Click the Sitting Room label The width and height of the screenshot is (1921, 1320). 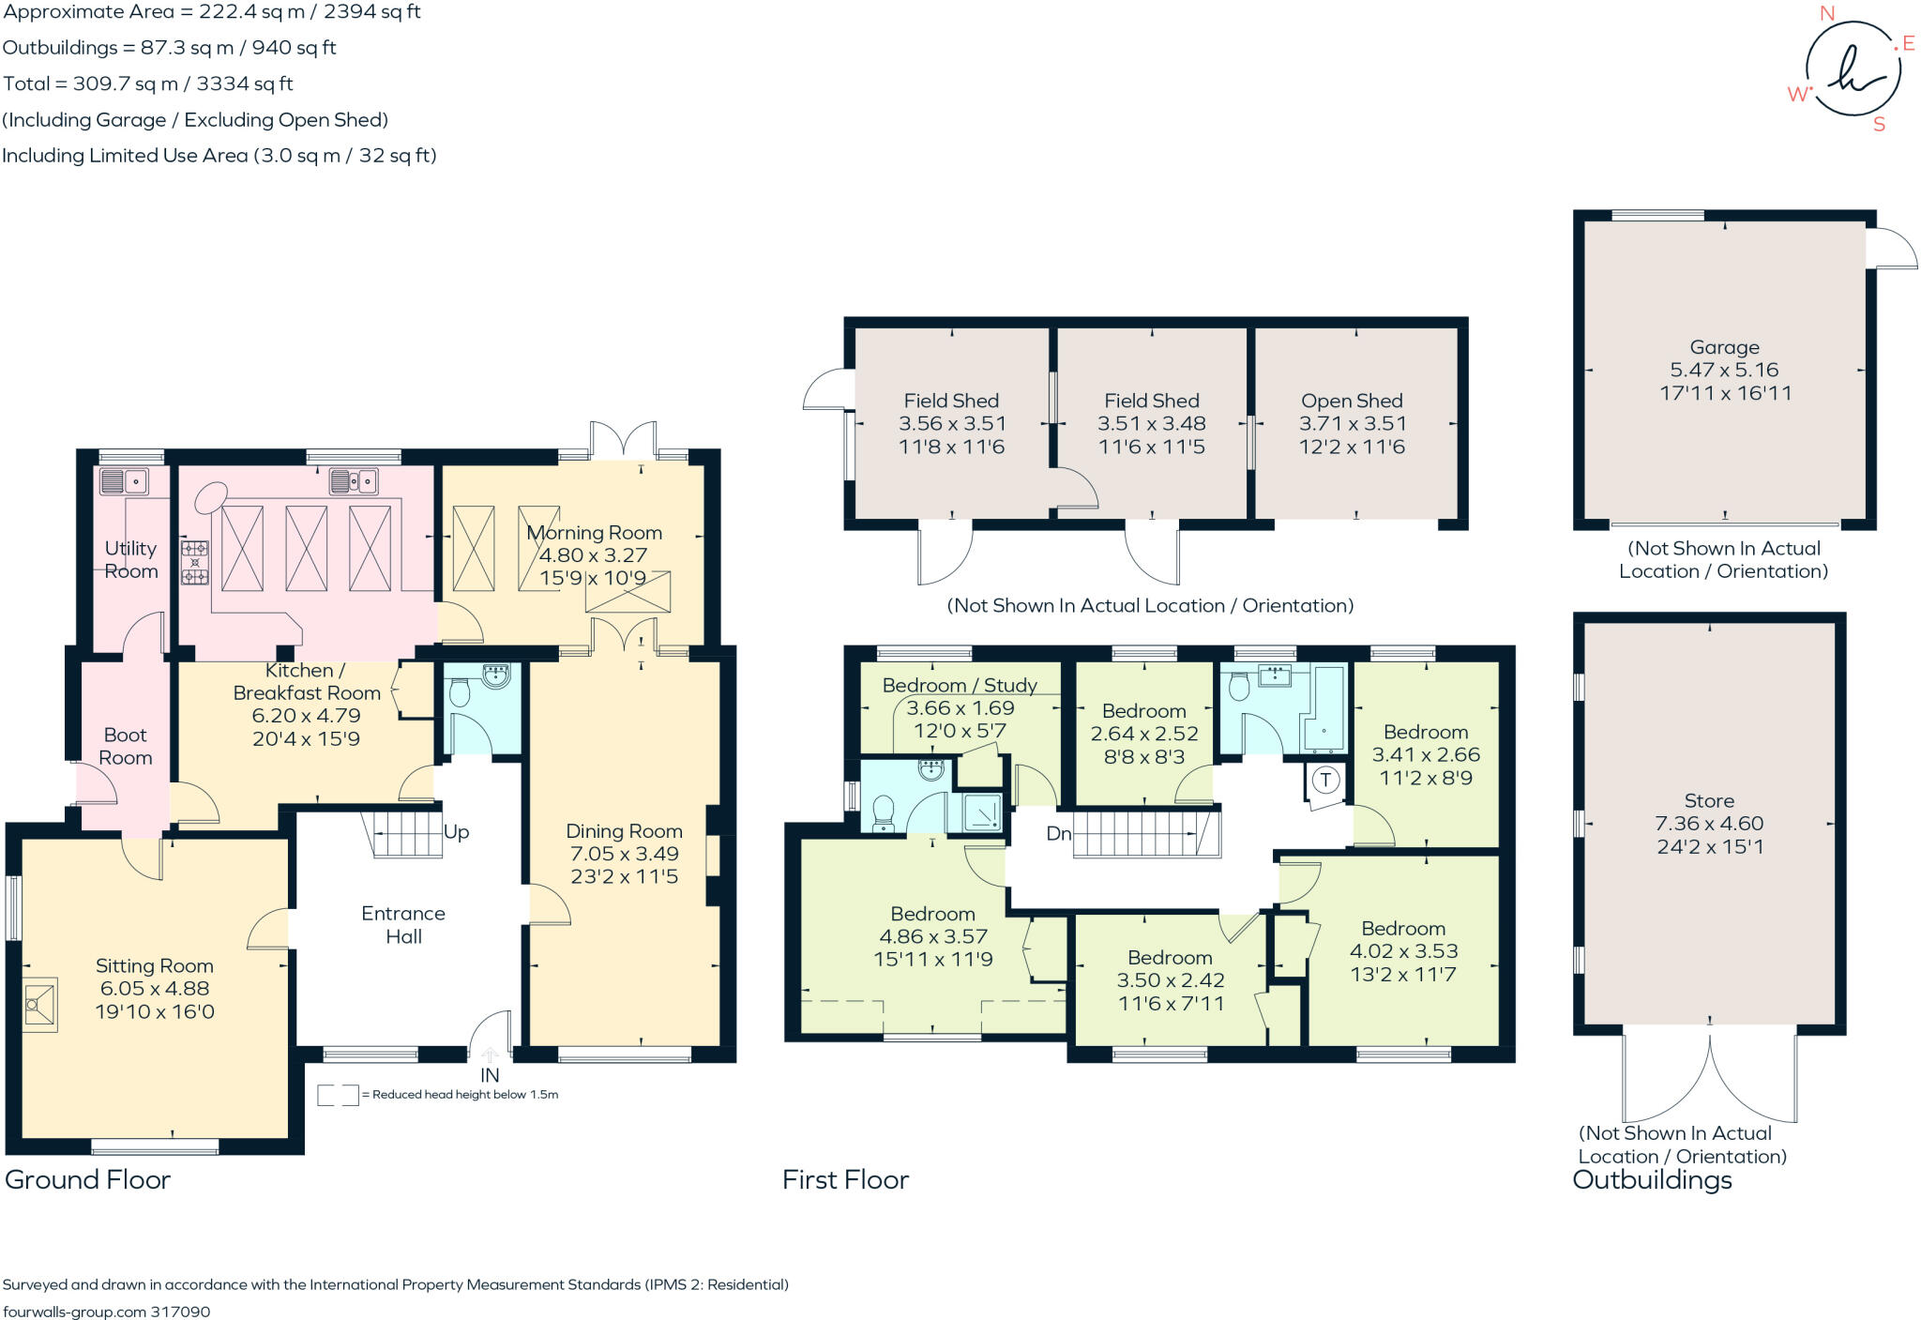point(154,965)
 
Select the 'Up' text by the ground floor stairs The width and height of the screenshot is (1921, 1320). point(456,832)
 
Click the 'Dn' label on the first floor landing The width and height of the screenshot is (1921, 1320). point(1058,833)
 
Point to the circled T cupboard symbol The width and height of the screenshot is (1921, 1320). point(1325,780)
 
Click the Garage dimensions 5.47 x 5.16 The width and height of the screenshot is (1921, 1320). point(1724,370)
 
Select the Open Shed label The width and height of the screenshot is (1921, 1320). point(1352,401)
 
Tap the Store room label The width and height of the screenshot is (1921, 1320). point(1708,800)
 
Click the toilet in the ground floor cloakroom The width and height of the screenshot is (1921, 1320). point(460,692)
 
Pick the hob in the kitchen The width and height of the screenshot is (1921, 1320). point(195,562)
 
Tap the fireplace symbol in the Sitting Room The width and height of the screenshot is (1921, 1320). point(39,1005)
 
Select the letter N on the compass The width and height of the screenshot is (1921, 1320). point(1826,13)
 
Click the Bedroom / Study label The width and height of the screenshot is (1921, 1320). point(959,685)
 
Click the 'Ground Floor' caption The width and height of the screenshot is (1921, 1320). point(87,1179)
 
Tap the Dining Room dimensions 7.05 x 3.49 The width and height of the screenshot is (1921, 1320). point(624,854)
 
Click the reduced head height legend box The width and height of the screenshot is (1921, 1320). point(338,1095)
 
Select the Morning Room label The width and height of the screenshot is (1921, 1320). point(594,532)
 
